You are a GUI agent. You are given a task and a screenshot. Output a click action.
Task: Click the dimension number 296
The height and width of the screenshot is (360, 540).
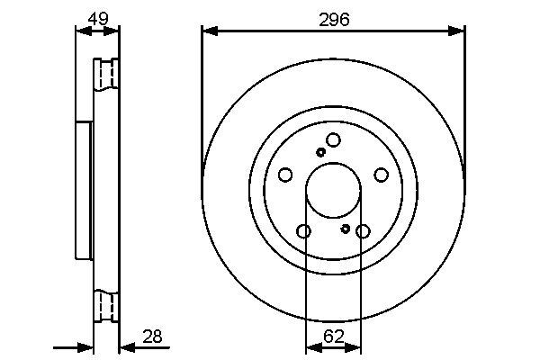pyautogui.click(x=334, y=19)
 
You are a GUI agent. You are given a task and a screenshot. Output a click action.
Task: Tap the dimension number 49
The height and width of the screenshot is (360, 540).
pyautogui.click(x=98, y=18)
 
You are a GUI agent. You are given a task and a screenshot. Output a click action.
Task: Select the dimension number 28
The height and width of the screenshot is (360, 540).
pyautogui.click(x=152, y=337)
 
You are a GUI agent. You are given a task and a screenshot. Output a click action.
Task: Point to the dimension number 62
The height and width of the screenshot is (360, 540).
pyautogui.click(x=333, y=337)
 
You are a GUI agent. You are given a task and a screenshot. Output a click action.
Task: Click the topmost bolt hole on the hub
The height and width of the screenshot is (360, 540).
pyautogui.click(x=333, y=139)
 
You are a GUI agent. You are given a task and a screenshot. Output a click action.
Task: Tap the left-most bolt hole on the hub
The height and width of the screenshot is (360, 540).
pyautogui.click(x=285, y=175)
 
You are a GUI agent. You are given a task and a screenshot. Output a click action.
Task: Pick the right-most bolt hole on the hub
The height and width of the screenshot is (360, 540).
pyautogui.click(x=381, y=175)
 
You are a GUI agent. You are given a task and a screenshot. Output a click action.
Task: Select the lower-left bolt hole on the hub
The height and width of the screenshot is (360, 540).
pyautogui.click(x=303, y=231)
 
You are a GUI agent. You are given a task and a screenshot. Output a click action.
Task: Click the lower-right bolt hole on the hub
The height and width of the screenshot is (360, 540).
pyautogui.click(x=363, y=231)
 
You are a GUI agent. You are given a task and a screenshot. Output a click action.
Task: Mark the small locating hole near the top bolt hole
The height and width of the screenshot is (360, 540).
pyautogui.click(x=320, y=152)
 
